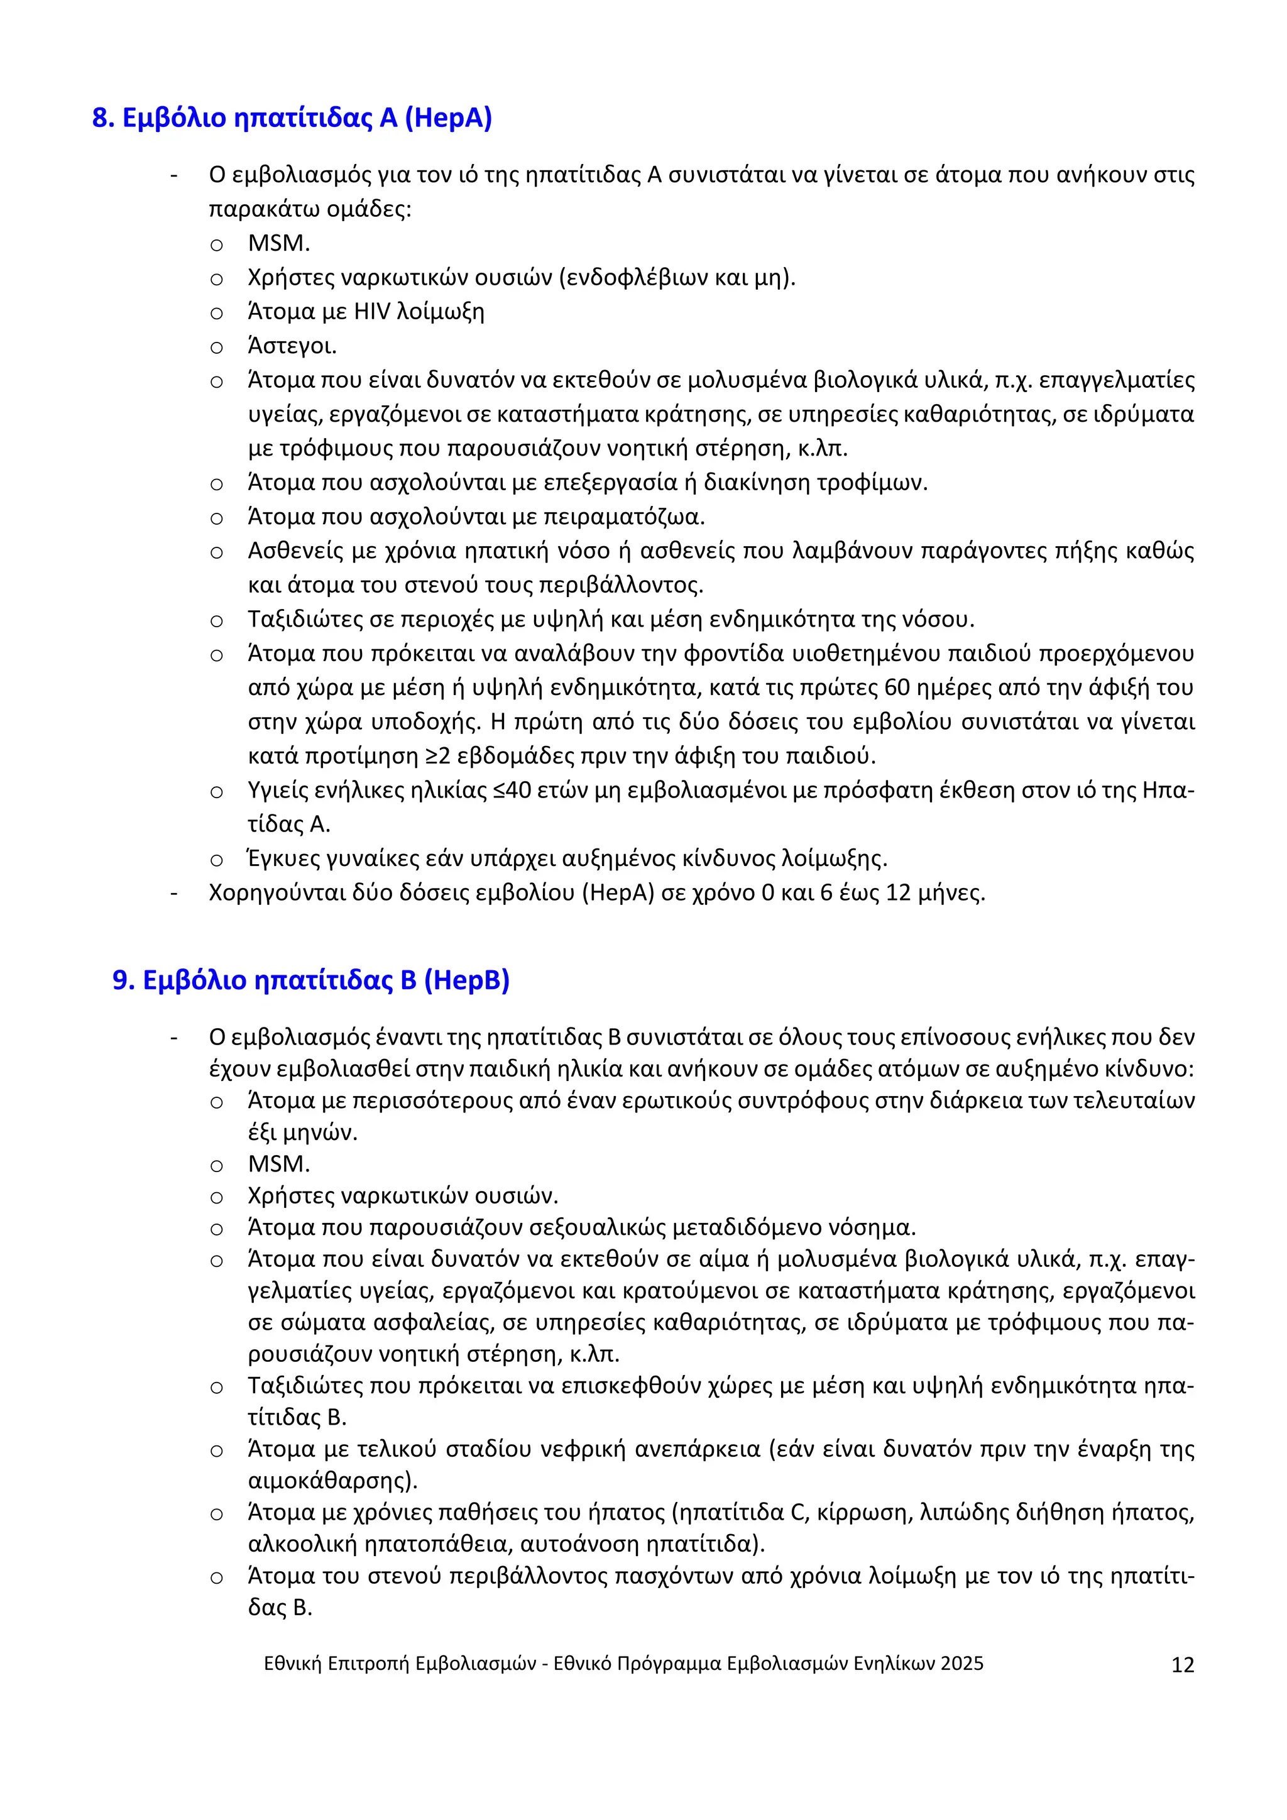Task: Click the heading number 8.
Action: pyautogui.click(x=103, y=118)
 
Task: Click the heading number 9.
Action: pyautogui.click(x=123, y=980)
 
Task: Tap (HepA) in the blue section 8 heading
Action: pyautogui.click(x=448, y=118)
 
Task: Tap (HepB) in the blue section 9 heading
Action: pyautogui.click(x=467, y=980)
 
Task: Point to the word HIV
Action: pyautogui.click(x=371, y=312)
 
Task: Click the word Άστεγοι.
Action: pyautogui.click(x=292, y=346)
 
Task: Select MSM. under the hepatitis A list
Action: pyautogui.click(x=278, y=243)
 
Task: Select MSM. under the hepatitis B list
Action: pyautogui.click(x=278, y=1164)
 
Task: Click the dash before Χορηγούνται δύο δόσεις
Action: pyautogui.click(x=173, y=894)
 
